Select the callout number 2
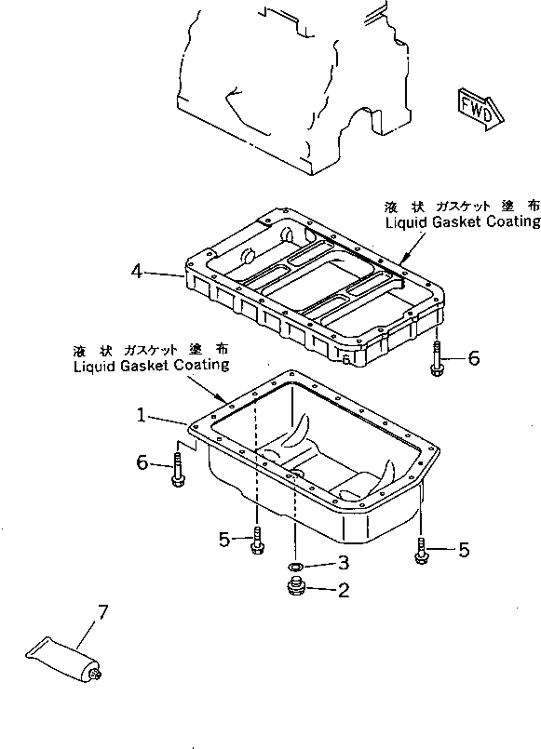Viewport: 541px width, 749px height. pyautogui.click(x=344, y=589)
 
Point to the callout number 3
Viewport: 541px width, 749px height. pyautogui.click(x=344, y=563)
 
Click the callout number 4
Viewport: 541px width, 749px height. pyautogui.click(x=137, y=272)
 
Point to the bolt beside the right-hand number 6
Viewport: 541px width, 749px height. pyautogui.click(x=437, y=360)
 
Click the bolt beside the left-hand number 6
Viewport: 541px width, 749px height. pyautogui.click(x=176, y=470)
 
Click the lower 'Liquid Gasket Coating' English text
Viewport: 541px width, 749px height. pyautogui.click(x=151, y=366)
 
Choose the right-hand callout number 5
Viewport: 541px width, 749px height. pyautogui.click(x=463, y=550)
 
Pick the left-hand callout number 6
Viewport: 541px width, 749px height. pyautogui.click(x=143, y=461)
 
